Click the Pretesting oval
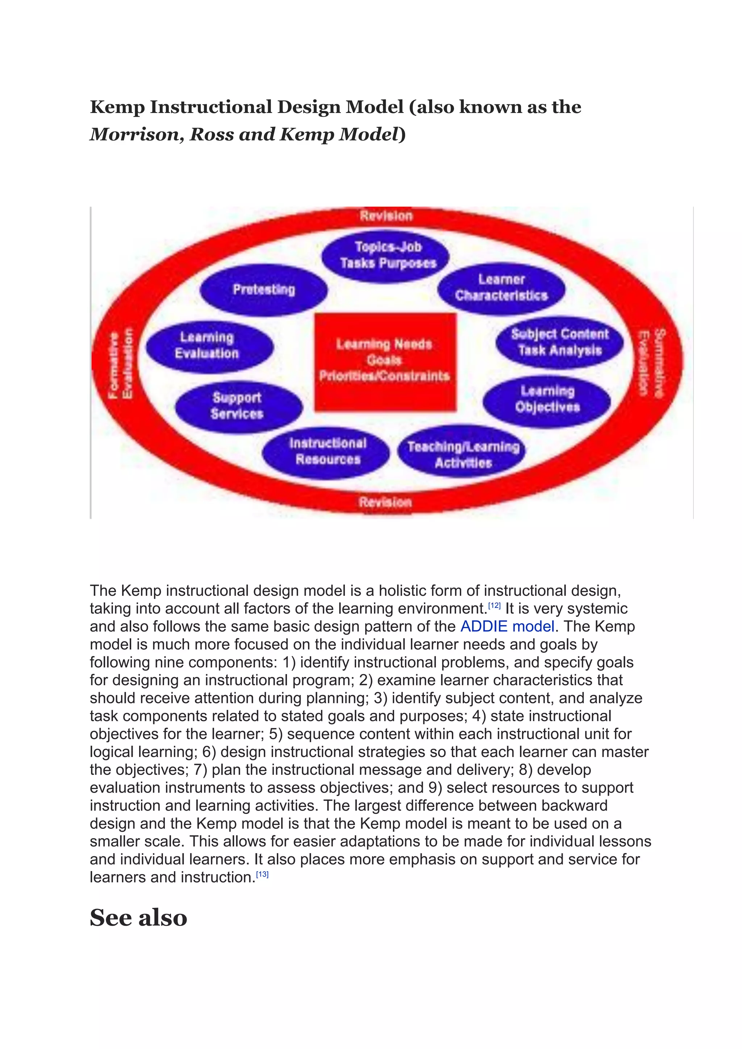point(264,290)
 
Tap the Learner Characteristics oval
point(501,288)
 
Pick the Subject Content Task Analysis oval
point(560,342)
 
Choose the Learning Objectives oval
point(547,399)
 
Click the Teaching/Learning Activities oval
point(462,455)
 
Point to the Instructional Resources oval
point(327,451)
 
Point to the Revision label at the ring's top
point(386,216)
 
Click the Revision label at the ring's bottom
point(385,502)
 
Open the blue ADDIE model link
point(507,626)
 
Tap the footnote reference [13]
point(262,874)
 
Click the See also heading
point(138,918)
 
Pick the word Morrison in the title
point(137,134)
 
